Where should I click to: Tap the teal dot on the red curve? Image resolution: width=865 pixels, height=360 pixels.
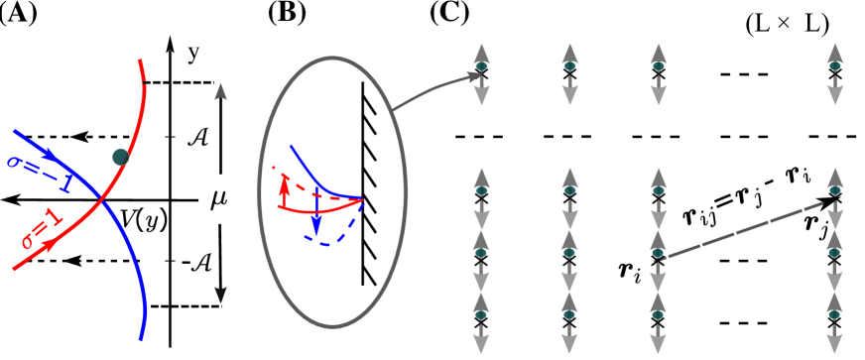[x=121, y=157]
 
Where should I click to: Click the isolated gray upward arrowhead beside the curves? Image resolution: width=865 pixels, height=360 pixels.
[x=221, y=91]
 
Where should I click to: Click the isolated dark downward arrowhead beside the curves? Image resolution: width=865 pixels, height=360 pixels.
[x=221, y=295]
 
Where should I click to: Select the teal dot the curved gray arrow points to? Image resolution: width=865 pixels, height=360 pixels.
[x=481, y=66]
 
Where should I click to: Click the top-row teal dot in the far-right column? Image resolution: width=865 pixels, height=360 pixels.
[x=834, y=66]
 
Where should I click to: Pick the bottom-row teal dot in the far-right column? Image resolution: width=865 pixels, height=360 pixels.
[x=834, y=314]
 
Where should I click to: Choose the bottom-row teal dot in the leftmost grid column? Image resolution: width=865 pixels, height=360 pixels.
[x=481, y=314]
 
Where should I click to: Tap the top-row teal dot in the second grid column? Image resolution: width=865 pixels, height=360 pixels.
[x=569, y=66]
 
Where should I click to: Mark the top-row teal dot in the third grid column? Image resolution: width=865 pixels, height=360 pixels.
[x=658, y=66]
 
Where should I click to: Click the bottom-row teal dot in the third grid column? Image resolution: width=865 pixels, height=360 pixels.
[x=658, y=314]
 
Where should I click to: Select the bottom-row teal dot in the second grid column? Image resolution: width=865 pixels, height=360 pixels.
[x=569, y=314]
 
